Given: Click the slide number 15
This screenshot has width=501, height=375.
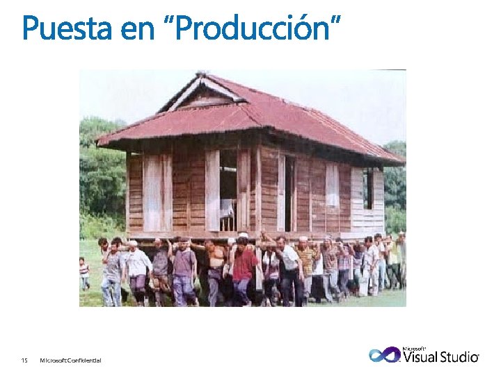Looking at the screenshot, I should (24, 360).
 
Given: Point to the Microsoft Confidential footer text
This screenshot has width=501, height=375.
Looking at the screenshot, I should (70, 360).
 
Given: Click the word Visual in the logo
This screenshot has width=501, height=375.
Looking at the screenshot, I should (421, 357).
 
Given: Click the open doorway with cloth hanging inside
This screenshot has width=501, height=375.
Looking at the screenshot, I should (228, 191).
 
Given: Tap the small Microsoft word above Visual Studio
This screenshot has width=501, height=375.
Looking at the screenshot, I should (414, 348).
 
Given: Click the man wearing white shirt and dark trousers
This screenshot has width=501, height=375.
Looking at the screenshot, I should (289, 267).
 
